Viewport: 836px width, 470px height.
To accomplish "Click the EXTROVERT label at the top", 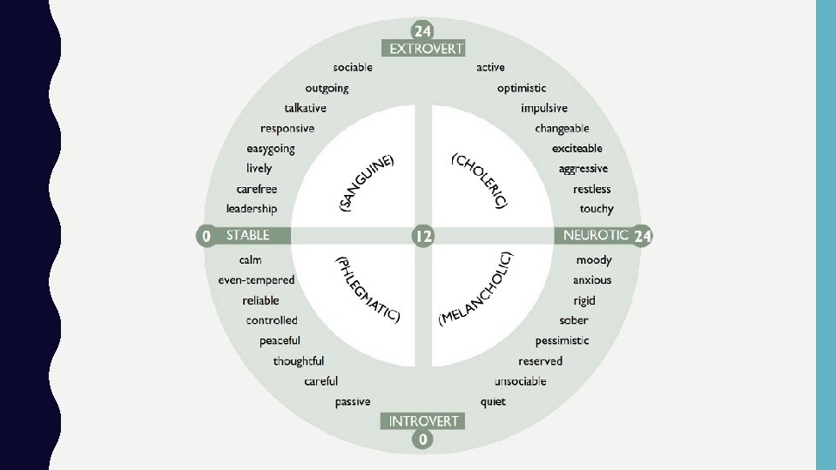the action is coord(427,49).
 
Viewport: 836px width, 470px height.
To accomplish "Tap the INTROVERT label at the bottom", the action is coord(423,421).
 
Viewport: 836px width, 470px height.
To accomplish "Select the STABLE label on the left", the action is coord(248,235).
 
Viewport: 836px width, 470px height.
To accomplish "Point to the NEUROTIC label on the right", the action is coord(596,235).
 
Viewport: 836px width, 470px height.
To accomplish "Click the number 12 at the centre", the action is coord(423,235).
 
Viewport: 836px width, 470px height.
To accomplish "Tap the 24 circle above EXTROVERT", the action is coord(423,29).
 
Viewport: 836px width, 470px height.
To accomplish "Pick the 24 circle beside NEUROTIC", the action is coord(642,235).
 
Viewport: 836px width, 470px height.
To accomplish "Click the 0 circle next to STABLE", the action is coord(206,235).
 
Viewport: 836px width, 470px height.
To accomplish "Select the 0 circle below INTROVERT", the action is coord(423,440).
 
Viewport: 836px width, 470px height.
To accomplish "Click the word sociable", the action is coord(352,67).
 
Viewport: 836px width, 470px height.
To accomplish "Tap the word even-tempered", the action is coord(256,280).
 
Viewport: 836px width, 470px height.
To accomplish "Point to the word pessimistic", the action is coord(562,340).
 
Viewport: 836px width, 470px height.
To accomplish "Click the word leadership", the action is coord(252,209).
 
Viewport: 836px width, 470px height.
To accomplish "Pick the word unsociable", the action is coord(520,381).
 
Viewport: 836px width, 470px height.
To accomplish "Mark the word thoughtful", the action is coord(298,361).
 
